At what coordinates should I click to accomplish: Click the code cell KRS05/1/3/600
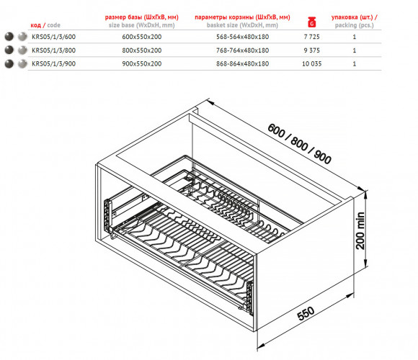[53, 37]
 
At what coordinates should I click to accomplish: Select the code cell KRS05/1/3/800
[53, 50]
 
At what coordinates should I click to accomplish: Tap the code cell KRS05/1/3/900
[53, 63]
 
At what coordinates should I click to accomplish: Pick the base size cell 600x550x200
[142, 37]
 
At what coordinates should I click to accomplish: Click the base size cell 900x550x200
[142, 63]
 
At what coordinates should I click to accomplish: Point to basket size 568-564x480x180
[243, 37]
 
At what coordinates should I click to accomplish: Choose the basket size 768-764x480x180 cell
[243, 50]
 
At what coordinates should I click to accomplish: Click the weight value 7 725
[311, 37]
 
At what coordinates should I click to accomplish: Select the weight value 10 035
[311, 63]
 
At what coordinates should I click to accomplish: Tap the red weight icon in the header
[311, 22]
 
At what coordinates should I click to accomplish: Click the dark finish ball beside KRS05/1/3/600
[9, 37]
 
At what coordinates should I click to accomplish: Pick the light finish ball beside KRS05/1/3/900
[22, 63]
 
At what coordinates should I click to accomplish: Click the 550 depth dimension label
[306, 313]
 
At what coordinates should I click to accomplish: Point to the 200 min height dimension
[360, 230]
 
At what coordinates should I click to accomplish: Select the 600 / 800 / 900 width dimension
[299, 143]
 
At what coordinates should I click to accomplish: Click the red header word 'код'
[36, 25]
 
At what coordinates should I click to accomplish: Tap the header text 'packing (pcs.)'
[355, 25]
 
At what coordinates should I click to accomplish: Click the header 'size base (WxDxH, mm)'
[141, 25]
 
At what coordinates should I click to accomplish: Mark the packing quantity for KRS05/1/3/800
[355, 50]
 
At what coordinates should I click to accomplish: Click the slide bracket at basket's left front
[107, 216]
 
